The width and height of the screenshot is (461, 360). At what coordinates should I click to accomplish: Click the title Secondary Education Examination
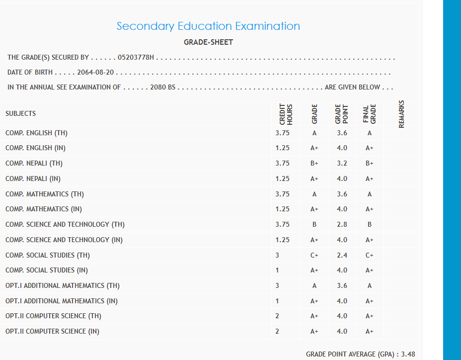click(208, 26)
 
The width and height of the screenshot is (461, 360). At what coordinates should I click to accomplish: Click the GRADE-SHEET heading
click(208, 42)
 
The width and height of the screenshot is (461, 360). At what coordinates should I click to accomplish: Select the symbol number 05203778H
click(136, 58)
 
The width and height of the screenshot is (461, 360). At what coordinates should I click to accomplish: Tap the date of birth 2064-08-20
click(96, 73)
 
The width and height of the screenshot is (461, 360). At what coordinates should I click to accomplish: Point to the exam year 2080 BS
click(162, 88)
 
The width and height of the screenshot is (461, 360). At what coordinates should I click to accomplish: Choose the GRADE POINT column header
click(342, 114)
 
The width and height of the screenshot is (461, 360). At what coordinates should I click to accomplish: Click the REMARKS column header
click(401, 114)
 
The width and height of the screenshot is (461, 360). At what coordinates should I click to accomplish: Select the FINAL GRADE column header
click(370, 114)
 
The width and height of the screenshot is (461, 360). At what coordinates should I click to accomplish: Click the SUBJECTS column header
click(21, 113)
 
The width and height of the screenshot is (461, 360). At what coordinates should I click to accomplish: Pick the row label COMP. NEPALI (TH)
click(34, 164)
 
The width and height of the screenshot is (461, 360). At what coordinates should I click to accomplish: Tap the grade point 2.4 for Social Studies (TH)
click(342, 255)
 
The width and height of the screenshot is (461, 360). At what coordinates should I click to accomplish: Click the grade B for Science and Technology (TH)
click(314, 225)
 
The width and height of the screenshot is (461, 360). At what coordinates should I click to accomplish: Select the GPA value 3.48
click(408, 354)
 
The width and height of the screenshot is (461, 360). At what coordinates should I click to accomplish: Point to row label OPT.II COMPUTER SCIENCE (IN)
click(52, 331)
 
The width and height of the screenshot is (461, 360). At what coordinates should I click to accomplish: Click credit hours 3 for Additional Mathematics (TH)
click(277, 285)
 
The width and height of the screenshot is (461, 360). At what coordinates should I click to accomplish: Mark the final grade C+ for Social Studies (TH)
click(369, 255)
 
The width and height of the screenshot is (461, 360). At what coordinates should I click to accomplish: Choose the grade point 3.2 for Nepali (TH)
click(342, 164)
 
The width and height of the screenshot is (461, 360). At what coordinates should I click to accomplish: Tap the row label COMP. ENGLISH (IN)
click(35, 148)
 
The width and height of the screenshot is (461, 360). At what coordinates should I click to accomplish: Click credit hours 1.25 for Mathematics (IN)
click(282, 209)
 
